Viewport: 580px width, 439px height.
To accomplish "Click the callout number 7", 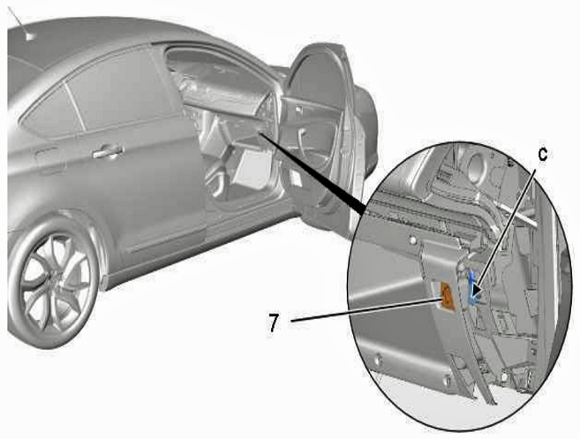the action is pos(273,323).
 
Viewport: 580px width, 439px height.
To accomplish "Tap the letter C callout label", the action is pos(542,155).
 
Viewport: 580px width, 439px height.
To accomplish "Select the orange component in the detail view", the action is pos(447,295).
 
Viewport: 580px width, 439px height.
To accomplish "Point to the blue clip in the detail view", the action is pos(472,288).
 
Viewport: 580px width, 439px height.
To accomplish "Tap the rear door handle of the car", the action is pos(108,151).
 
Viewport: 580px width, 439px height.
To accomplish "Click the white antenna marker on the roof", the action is pos(29,36).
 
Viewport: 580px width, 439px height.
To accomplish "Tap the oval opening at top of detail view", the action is pos(478,168).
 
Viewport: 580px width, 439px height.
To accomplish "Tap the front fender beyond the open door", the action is pos(366,122).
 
